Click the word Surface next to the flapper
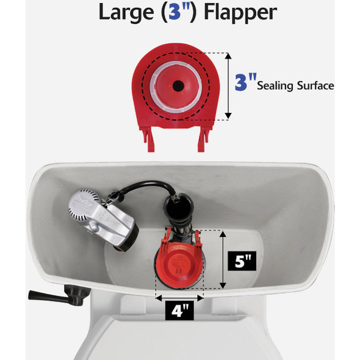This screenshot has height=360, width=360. click(x=316, y=86)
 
